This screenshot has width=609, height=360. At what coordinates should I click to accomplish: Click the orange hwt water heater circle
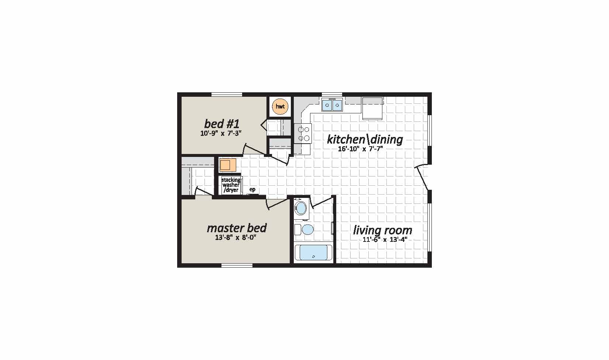pos(280,106)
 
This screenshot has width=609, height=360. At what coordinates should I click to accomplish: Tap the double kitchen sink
pos(332,105)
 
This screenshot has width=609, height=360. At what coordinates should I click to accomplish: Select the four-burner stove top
pos(303,133)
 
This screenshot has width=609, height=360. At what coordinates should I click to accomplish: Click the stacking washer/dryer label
pos(231,185)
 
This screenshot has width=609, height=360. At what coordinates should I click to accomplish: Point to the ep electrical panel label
pos(252,189)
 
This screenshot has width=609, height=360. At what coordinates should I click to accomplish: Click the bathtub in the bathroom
pos(313,253)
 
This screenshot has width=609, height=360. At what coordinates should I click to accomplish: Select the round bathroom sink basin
pos(301,208)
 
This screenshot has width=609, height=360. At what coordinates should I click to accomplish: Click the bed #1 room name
pos(221,124)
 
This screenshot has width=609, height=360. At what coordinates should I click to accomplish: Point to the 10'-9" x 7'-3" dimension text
pos(221,134)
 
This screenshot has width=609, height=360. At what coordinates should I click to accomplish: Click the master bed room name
pos(237,228)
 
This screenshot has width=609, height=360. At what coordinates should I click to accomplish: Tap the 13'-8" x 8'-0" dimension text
pos(236,238)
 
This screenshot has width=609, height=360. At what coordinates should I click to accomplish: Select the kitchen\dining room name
pos(365,140)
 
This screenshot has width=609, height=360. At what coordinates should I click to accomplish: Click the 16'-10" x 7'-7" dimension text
pos(361,149)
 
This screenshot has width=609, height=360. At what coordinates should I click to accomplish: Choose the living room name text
pos(382,230)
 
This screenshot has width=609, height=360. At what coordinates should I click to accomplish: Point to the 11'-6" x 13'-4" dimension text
pos(385,240)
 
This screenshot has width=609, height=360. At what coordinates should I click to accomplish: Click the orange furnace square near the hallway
pos(228,165)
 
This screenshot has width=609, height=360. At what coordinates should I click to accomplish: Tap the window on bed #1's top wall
pos(227,95)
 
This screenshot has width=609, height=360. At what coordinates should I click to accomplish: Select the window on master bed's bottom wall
pos(237,265)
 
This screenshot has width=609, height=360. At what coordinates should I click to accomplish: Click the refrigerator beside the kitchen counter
pos(372,108)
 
